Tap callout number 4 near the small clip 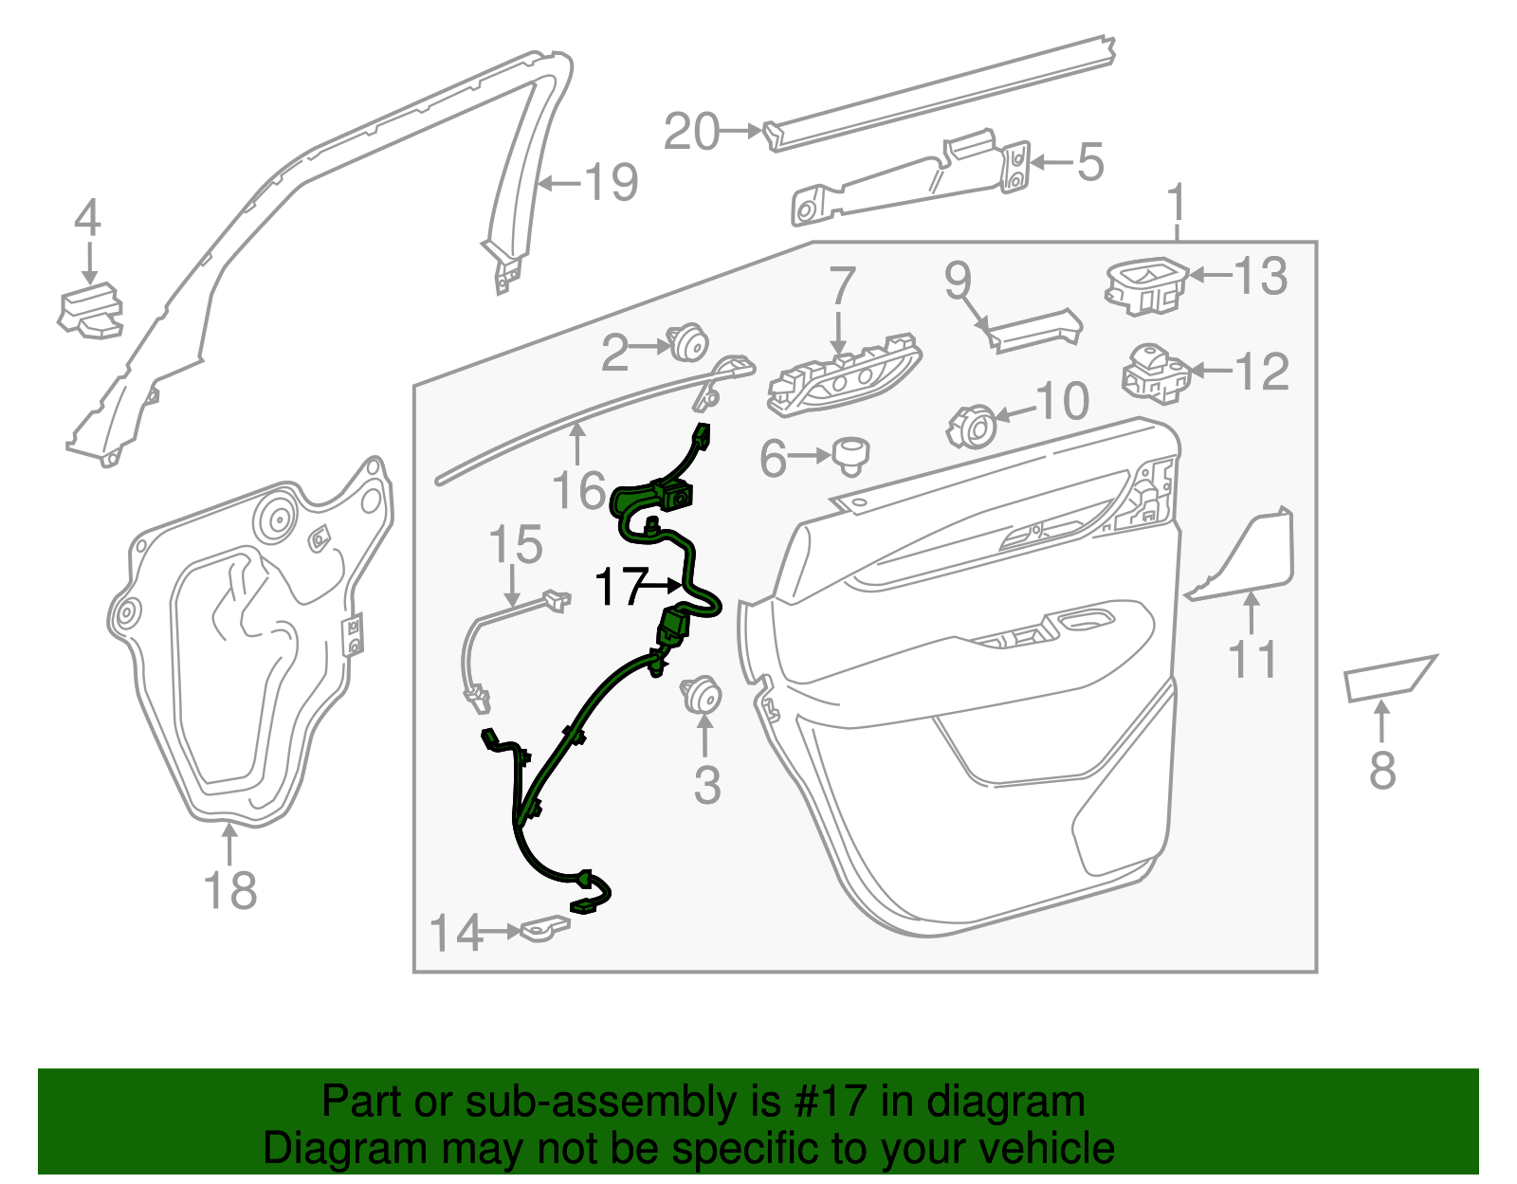(87, 219)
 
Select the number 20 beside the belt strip (692, 132)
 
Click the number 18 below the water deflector (230, 891)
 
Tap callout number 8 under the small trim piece (1382, 770)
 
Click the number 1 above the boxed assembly (1177, 204)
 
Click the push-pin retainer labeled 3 (702, 695)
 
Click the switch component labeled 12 (1154, 373)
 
